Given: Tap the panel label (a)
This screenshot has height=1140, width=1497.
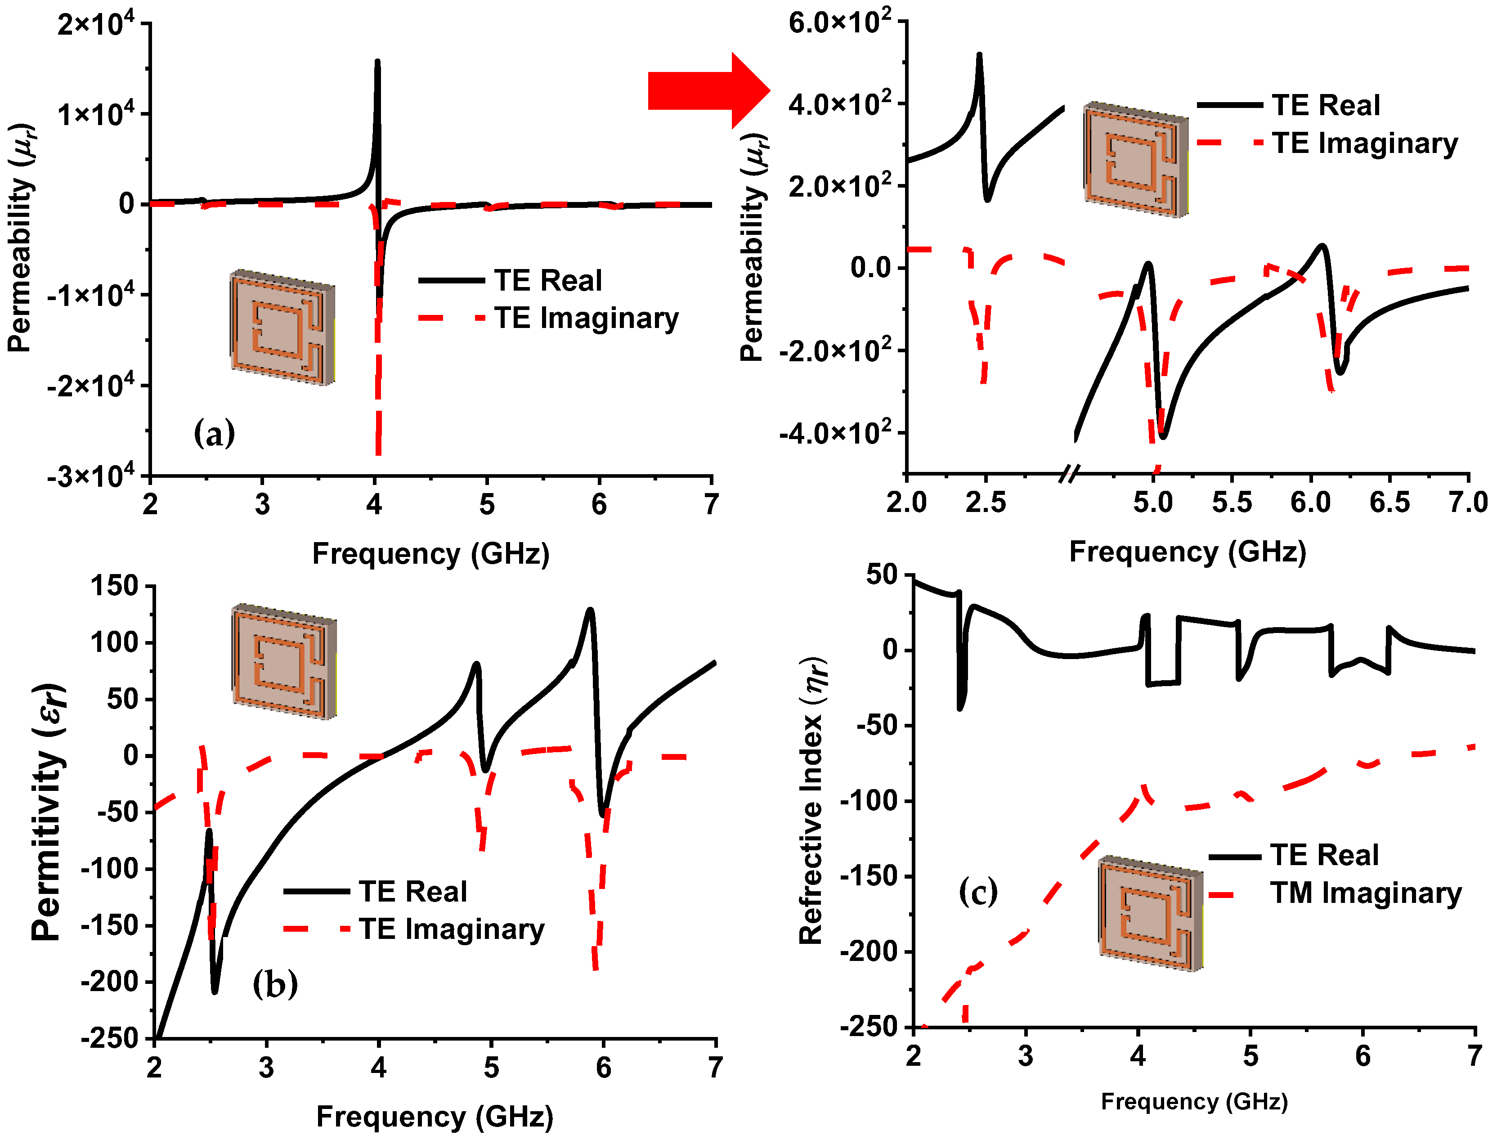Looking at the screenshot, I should pyautogui.click(x=215, y=433).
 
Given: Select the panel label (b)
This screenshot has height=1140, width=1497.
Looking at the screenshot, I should pyautogui.click(x=275, y=983).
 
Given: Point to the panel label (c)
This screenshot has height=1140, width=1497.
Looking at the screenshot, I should pyautogui.click(x=977, y=892).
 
